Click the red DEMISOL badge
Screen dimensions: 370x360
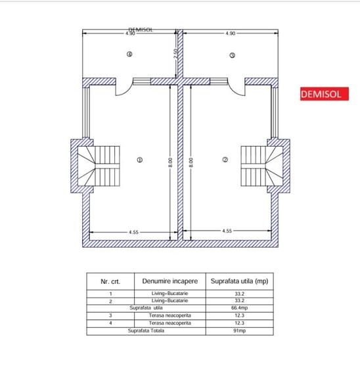click(x=321, y=94)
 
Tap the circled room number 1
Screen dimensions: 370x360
click(x=139, y=160)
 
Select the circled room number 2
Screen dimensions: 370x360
click(x=225, y=160)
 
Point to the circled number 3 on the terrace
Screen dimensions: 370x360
click(x=232, y=56)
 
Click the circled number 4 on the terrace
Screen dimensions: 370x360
click(x=129, y=55)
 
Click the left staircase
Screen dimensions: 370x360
click(x=102, y=166)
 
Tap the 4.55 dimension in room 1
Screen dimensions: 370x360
click(x=133, y=231)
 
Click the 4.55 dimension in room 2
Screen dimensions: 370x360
click(x=227, y=231)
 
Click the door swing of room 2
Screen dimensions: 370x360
click(x=235, y=86)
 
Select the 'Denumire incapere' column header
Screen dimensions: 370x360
click(x=168, y=281)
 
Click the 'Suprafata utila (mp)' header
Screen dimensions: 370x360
click(x=239, y=281)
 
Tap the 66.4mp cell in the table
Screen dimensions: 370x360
click(x=239, y=308)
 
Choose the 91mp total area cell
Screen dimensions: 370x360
click(x=239, y=331)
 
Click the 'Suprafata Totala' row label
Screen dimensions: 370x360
click(x=145, y=331)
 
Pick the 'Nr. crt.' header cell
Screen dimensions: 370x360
click(x=110, y=281)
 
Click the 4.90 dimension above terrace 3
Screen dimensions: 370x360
click(x=230, y=33)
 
